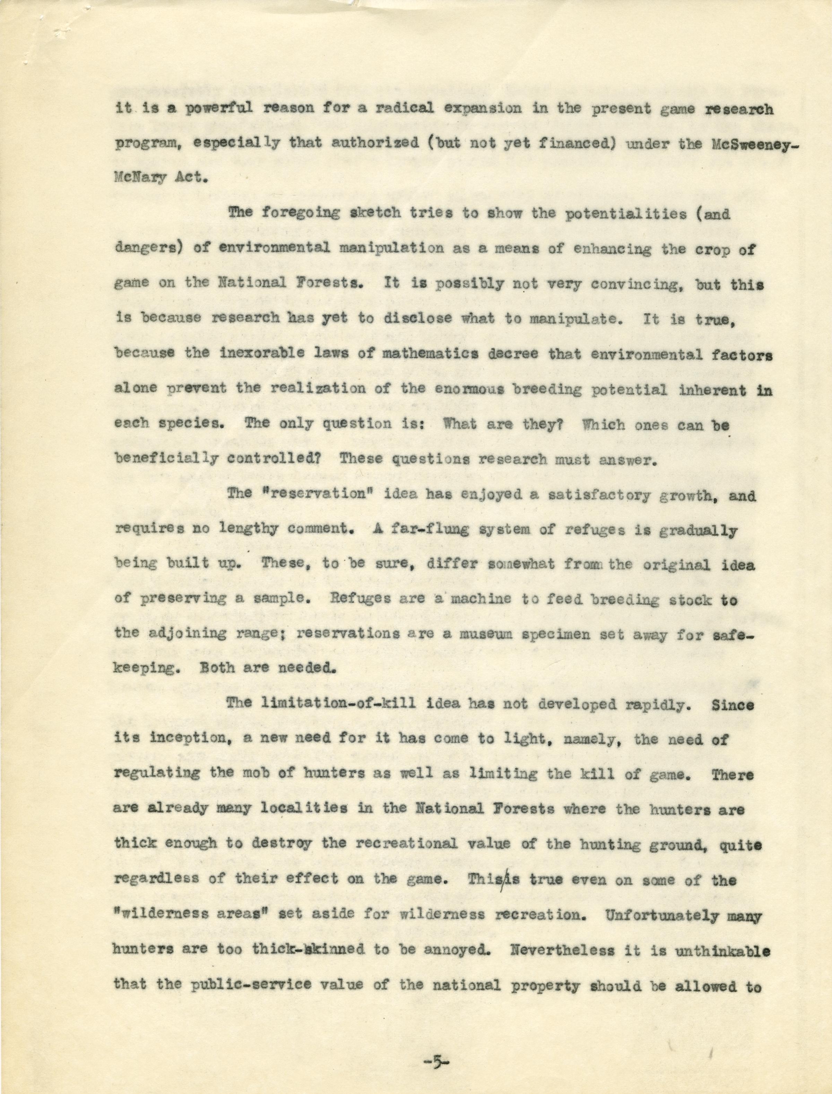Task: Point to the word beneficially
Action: coord(166,459)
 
